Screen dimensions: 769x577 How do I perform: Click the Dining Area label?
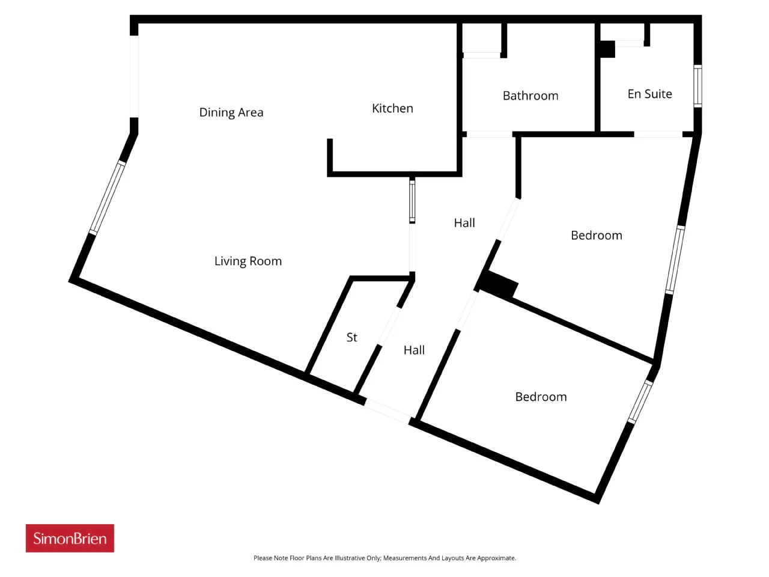(x=231, y=112)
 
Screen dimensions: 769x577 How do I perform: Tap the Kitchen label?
(x=392, y=108)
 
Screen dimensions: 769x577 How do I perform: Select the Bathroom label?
(x=530, y=96)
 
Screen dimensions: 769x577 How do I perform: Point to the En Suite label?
(x=649, y=94)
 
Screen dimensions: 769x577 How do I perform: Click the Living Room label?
(x=248, y=261)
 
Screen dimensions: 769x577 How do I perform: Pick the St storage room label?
(x=351, y=337)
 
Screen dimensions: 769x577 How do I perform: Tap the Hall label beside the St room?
(x=414, y=350)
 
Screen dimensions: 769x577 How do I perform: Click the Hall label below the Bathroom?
(x=464, y=223)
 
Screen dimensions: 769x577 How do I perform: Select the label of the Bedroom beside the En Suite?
(x=597, y=236)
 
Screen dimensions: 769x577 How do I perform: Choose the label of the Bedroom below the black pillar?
(x=541, y=397)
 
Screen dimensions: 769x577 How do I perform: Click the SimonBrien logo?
(x=70, y=538)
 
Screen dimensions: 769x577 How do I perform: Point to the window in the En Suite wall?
(x=698, y=86)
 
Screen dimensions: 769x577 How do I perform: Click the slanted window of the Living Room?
(x=107, y=198)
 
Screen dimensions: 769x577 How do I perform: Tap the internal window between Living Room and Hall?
(x=412, y=200)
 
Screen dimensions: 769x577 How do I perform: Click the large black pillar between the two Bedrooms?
(x=498, y=285)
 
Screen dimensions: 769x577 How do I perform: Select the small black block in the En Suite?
(x=607, y=49)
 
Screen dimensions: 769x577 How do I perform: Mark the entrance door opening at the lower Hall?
(x=388, y=412)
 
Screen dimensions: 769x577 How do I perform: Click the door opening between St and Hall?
(x=389, y=326)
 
